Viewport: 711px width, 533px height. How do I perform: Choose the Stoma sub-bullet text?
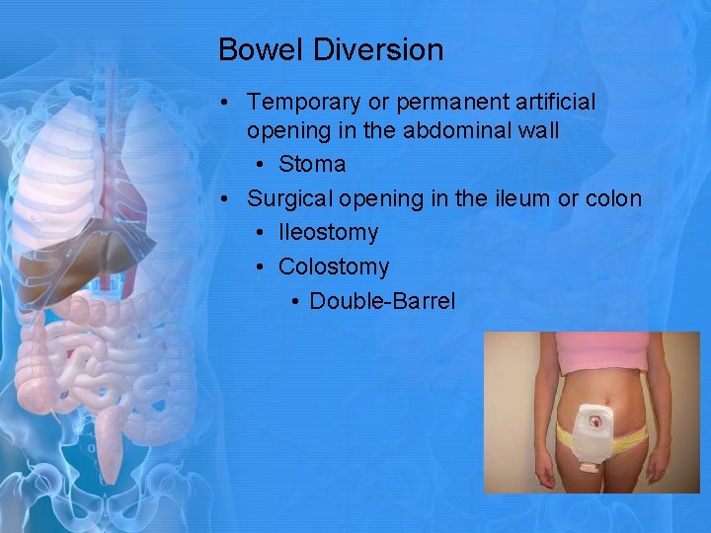click(x=312, y=164)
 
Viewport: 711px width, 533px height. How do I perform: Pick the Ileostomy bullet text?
click(x=328, y=233)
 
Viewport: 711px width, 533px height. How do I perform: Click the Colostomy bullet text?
click(x=334, y=266)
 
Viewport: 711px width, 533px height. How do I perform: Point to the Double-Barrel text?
click(x=382, y=301)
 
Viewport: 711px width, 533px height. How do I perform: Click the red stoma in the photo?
click(x=594, y=420)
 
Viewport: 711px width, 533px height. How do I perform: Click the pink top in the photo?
click(x=600, y=353)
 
